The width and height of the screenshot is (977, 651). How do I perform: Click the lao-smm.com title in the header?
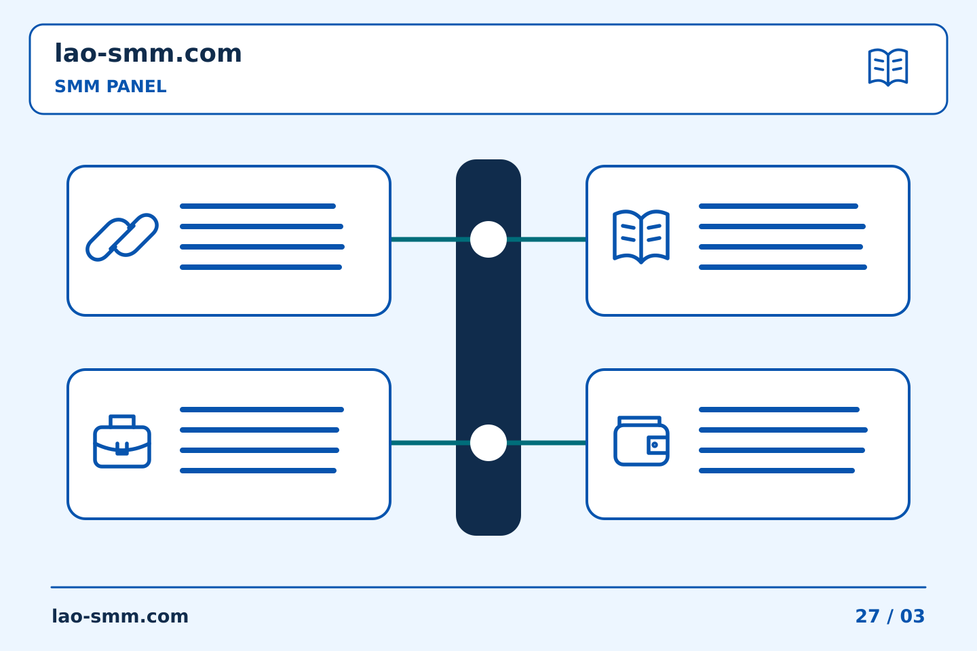click(x=148, y=53)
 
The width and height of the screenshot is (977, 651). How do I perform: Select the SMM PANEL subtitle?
click(x=111, y=86)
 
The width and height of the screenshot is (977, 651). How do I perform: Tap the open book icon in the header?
click(x=888, y=67)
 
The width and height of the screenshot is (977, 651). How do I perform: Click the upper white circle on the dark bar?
click(x=488, y=239)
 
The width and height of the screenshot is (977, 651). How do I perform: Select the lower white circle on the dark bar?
click(x=488, y=443)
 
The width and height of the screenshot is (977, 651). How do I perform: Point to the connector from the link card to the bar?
click(x=430, y=239)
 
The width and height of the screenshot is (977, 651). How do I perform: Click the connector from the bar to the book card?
click(x=547, y=239)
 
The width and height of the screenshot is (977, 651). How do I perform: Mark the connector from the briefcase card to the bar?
click(x=430, y=443)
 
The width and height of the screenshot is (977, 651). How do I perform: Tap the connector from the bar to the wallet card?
click(x=547, y=443)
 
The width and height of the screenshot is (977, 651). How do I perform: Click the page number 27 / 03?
click(x=889, y=616)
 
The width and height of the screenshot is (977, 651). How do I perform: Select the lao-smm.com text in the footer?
click(x=120, y=616)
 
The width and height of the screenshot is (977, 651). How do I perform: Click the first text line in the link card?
click(x=258, y=206)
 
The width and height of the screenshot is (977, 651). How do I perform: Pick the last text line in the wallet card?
click(x=777, y=471)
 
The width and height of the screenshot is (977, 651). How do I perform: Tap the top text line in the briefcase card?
click(x=262, y=410)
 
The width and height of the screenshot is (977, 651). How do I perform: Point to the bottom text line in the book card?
click(x=783, y=267)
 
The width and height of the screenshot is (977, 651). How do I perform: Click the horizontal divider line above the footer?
click(x=488, y=587)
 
